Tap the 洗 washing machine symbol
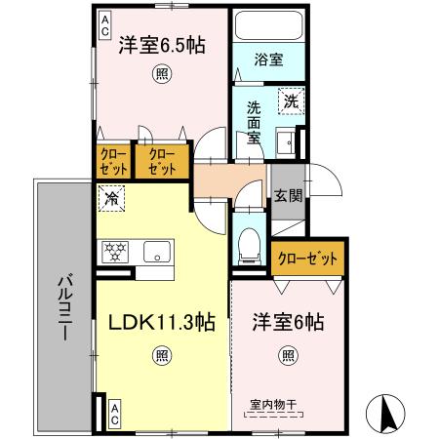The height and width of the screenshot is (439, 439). (291, 100)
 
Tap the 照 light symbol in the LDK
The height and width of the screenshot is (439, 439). (160, 358)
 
